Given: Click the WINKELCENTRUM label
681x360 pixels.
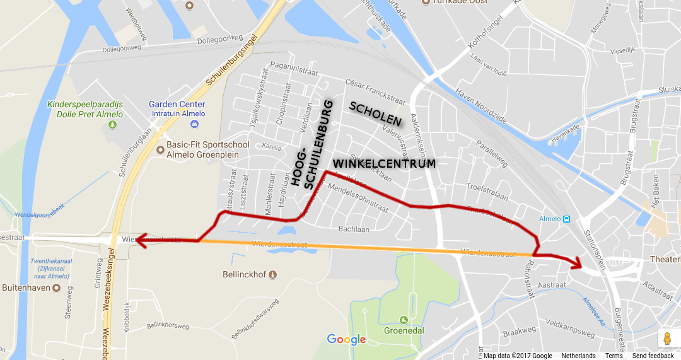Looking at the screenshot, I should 383,163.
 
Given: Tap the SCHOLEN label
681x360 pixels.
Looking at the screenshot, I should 376,113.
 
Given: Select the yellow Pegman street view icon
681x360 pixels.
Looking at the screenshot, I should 667,339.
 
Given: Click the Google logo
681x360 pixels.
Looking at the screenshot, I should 346,340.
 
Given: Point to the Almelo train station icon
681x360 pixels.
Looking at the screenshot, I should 566,219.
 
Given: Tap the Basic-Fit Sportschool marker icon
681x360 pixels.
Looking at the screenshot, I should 160,150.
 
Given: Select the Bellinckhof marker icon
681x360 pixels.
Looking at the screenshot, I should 272,274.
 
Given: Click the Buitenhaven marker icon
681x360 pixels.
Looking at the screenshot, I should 56,288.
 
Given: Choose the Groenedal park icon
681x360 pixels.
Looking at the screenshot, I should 404,319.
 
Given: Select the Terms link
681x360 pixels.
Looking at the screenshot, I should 614,356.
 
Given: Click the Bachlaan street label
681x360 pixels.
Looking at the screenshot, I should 354,229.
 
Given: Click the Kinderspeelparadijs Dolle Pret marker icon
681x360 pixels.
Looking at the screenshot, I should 112,124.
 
